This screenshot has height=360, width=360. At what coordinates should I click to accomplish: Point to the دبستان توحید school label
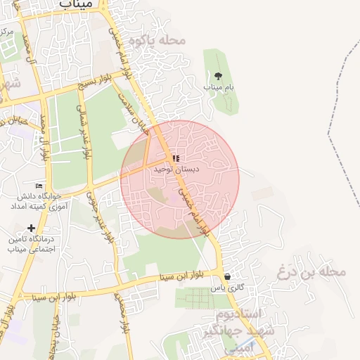click(x=176, y=169)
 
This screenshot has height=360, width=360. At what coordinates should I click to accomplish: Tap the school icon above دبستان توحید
click(x=176, y=159)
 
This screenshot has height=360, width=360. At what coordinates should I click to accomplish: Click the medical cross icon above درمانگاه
click(x=31, y=228)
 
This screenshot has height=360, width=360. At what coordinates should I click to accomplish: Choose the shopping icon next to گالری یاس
click(x=226, y=276)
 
